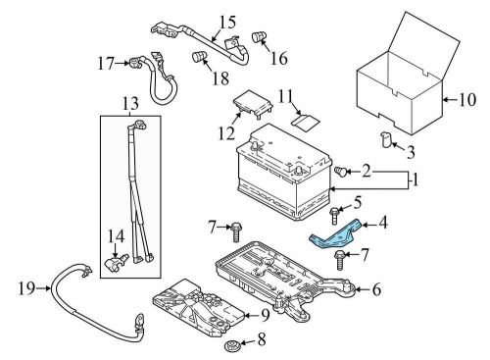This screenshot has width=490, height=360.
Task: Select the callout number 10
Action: pyautogui.click(x=467, y=100)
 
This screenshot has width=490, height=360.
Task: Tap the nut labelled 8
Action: pyautogui.click(x=231, y=345)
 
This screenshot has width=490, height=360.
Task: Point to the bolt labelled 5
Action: pyautogui.click(x=334, y=216)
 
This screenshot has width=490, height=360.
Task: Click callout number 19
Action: pyautogui.click(x=26, y=288)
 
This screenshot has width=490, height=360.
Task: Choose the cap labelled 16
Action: pyautogui.click(x=259, y=36)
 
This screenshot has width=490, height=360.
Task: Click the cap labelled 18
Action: pyautogui.click(x=199, y=56)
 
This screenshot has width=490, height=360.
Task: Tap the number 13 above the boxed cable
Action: pyautogui.click(x=130, y=104)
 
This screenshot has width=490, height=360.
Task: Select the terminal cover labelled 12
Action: pyautogui.click(x=253, y=102)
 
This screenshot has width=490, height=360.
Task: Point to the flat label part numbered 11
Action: pyautogui.click(x=305, y=122)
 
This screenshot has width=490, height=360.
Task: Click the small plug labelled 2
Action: pyautogui.click(x=341, y=171)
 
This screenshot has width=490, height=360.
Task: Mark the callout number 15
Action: pyautogui.click(x=227, y=22)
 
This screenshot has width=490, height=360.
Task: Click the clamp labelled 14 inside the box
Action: pyautogui.click(x=116, y=261)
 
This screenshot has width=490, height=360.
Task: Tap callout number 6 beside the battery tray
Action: pyautogui.click(x=376, y=289)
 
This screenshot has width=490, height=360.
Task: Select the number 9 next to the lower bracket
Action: pyautogui.click(x=266, y=315)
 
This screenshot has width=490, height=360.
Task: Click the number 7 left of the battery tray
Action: pyautogui.click(x=213, y=227)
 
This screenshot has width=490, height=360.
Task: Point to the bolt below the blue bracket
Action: pyautogui.click(x=340, y=260)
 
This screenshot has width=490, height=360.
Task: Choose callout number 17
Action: pyautogui.click(x=106, y=64)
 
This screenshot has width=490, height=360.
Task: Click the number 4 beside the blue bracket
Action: pyautogui.click(x=382, y=223)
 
